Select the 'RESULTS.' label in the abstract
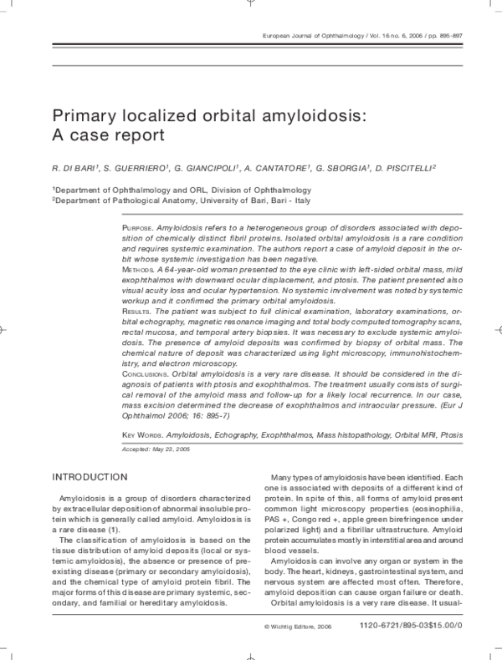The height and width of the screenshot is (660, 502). (138, 312)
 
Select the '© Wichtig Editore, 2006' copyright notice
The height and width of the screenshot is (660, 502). (298, 626)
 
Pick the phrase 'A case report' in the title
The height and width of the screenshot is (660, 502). (106, 135)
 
